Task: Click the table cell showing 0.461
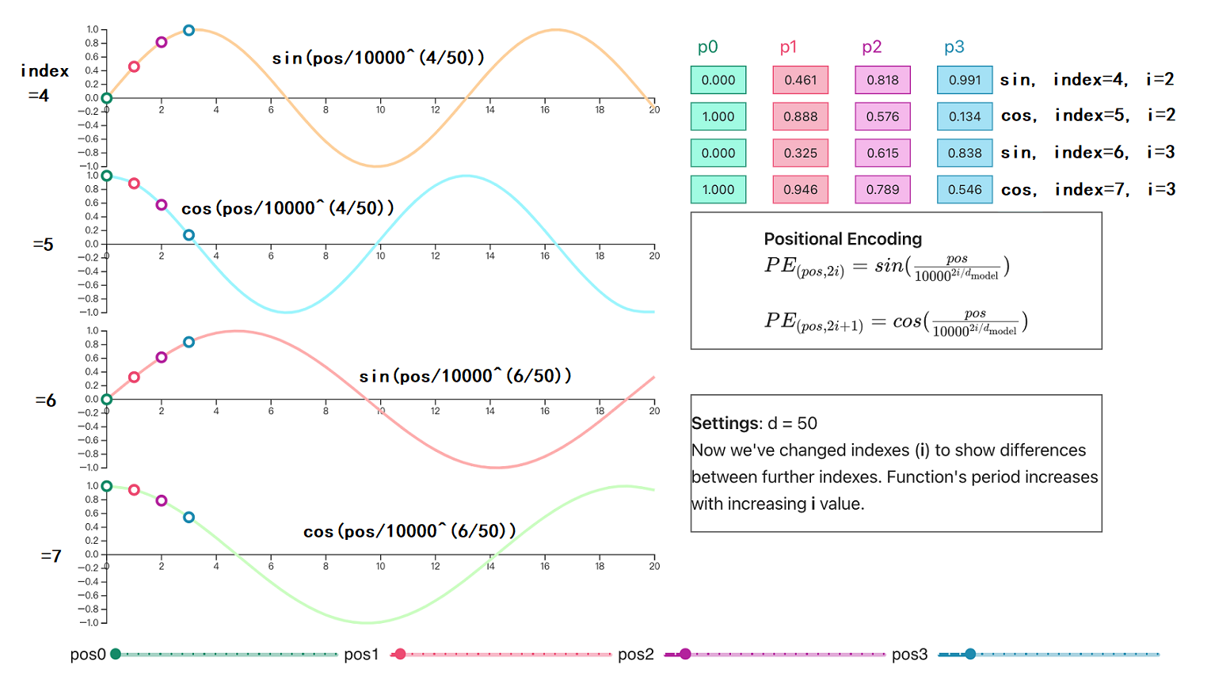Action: tap(800, 80)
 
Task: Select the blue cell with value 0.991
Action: tap(964, 80)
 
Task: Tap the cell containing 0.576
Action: tap(882, 116)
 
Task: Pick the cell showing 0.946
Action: tap(800, 190)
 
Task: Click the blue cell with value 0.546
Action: tap(964, 190)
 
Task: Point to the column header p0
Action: tap(707, 47)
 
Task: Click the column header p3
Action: tap(954, 47)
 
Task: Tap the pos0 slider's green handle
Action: tap(116, 654)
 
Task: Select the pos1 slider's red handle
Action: tap(400, 654)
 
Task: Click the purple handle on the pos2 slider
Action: tap(685, 654)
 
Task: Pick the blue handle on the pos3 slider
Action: tap(970, 654)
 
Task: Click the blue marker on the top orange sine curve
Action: tap(189, 31)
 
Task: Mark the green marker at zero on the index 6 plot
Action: tap(107, 400)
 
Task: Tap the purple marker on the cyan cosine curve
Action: tap(162, 205)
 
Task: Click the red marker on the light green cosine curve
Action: tap(134, 490)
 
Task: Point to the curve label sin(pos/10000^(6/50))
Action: tap(465, 376)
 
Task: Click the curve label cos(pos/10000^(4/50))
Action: tap(288, 208)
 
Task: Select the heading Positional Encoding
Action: tap(843, 239)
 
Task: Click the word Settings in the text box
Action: tap(726, 423)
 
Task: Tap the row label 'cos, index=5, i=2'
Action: tap(1087, 116)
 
